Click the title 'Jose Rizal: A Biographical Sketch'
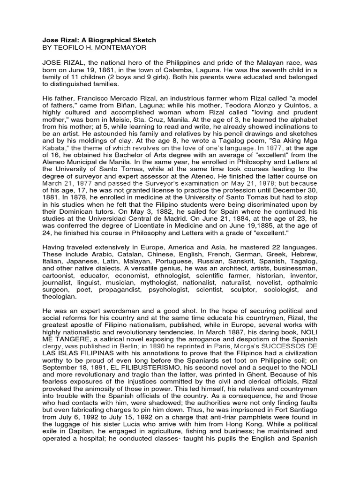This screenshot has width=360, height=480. (99, 40)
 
